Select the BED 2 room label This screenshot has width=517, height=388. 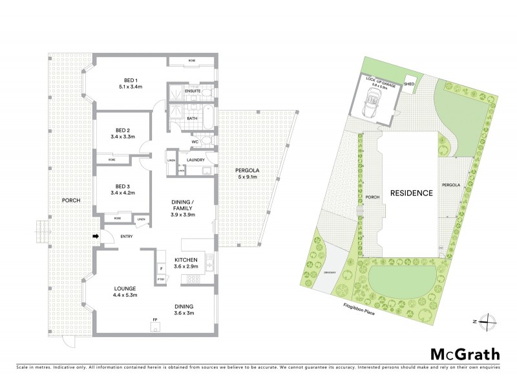click(123, 133)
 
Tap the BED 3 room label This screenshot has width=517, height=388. click(122, 188)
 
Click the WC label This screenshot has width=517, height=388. click(195, 142)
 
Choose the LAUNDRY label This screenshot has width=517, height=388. click(195, 160)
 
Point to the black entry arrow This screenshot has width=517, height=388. click(97, 237)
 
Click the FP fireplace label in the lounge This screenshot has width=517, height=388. click(155, 319)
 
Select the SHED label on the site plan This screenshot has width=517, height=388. click(409, 84)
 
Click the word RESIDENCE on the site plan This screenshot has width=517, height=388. click(410, 193)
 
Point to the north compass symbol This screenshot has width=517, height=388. click(489, 321)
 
